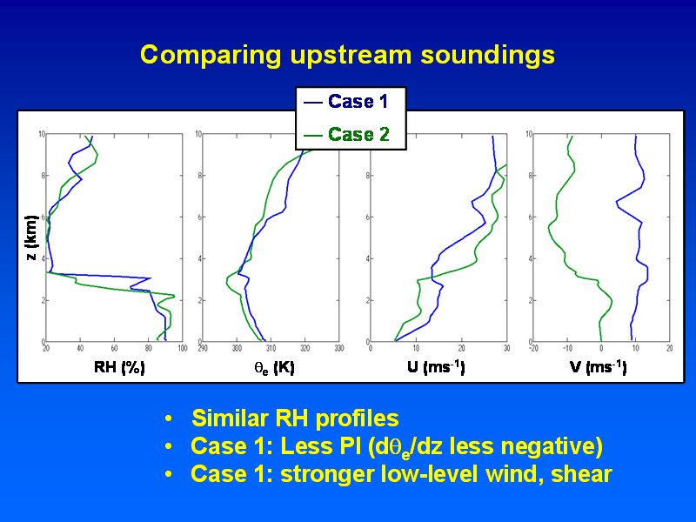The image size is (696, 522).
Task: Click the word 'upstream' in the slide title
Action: pos(351,56)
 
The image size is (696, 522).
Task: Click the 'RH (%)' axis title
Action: pos(119,367)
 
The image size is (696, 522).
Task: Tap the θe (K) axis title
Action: pos(274,367)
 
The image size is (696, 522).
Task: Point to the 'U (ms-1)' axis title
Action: pos(436,367)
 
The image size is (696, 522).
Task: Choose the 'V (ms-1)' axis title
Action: pos(599,367)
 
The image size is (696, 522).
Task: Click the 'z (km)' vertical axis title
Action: pos(31,238)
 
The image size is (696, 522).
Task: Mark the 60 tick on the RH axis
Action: pos(114,349)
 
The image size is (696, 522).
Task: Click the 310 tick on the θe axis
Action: pos(271,349)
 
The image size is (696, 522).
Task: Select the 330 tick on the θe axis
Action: pos(339,349)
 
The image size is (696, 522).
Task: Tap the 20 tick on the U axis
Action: pos(462,349)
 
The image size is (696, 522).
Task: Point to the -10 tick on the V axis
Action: pos(567,349)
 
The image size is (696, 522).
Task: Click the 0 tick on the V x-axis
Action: pos(601,349)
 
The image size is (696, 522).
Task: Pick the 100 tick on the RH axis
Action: pos(183,349)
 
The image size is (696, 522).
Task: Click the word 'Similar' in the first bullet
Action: pos(231,418)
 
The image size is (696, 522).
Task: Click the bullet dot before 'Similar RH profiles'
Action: pos(168,418)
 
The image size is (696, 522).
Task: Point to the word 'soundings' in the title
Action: pos(488,56)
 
